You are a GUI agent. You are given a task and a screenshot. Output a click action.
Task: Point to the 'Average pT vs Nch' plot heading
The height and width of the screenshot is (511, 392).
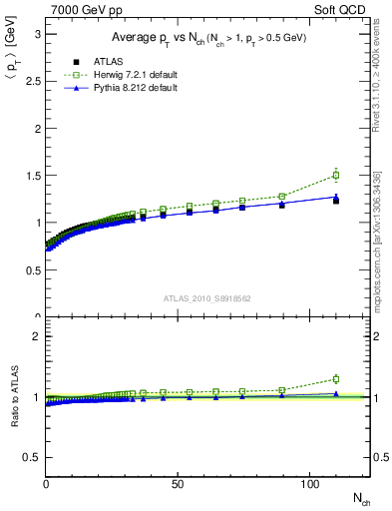click(x=207, y=38)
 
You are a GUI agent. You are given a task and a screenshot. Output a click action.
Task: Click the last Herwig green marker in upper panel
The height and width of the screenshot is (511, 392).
click(x=336, y=176)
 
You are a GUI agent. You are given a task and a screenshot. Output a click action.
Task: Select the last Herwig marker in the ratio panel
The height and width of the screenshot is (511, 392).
click(x=336, y=379)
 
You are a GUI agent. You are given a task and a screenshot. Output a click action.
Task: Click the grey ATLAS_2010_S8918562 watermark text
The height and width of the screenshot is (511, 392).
click(x=207, y=297)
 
